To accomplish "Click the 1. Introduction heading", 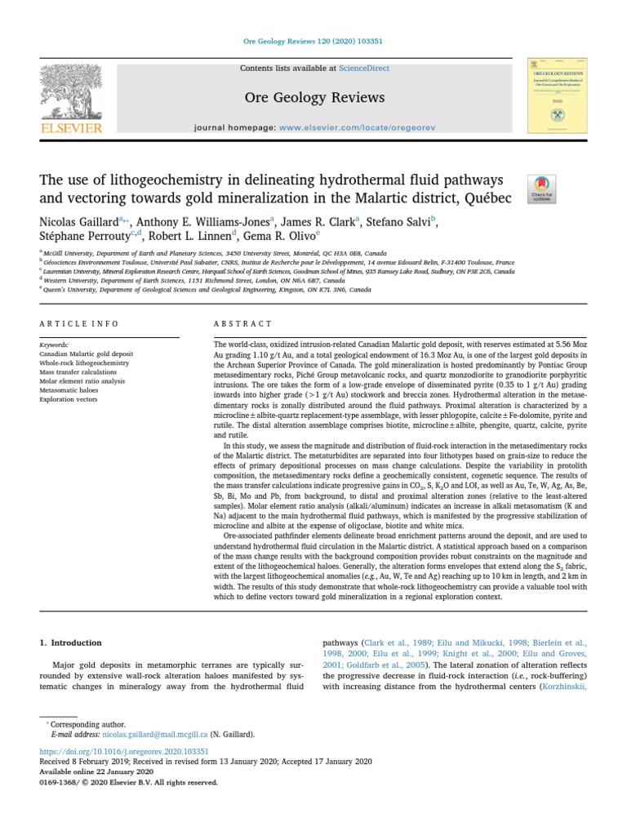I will (71, 643).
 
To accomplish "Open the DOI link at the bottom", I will (124, 751).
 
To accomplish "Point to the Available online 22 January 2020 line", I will (96, 772).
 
